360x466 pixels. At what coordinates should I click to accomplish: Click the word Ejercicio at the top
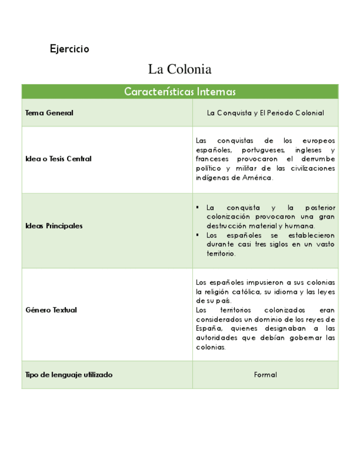pyautogui.click(x=69, y=49)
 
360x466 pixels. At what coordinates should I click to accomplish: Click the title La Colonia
pyautogui.click(x=180, y=70)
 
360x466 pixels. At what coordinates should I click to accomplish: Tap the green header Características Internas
pyautogui.click(x=180, y=92)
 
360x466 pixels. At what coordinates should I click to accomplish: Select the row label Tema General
pyautogui.click(x=49, y=113)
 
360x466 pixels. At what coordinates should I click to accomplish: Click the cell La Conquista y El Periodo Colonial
pyautogui.click(x=265, y=113)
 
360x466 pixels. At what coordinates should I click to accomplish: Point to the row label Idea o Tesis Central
pyautogui.click(x=58, y=159)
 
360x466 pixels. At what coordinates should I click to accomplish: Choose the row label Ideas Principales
pyautogui.click(x=54, y=226)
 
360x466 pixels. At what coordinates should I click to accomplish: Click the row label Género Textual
pyautogui.click(x=51, y=310)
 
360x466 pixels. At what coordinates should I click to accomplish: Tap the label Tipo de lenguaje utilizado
pyautogui.click(x=69, y=375)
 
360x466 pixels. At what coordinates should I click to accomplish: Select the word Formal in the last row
pyautogui.click(x=265, y=375)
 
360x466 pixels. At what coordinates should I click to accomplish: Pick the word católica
pyautogui.click(x=248, y=292)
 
